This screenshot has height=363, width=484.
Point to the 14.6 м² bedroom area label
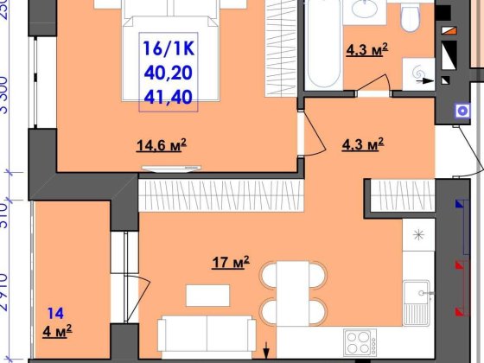(162, 145)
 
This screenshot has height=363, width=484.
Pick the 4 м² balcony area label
(58, 328)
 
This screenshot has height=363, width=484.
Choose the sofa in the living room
(207, 333)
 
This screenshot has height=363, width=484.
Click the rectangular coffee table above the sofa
(204, 295)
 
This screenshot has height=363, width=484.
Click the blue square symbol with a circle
(460, 109)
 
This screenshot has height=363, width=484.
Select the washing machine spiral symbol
(421, 73)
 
